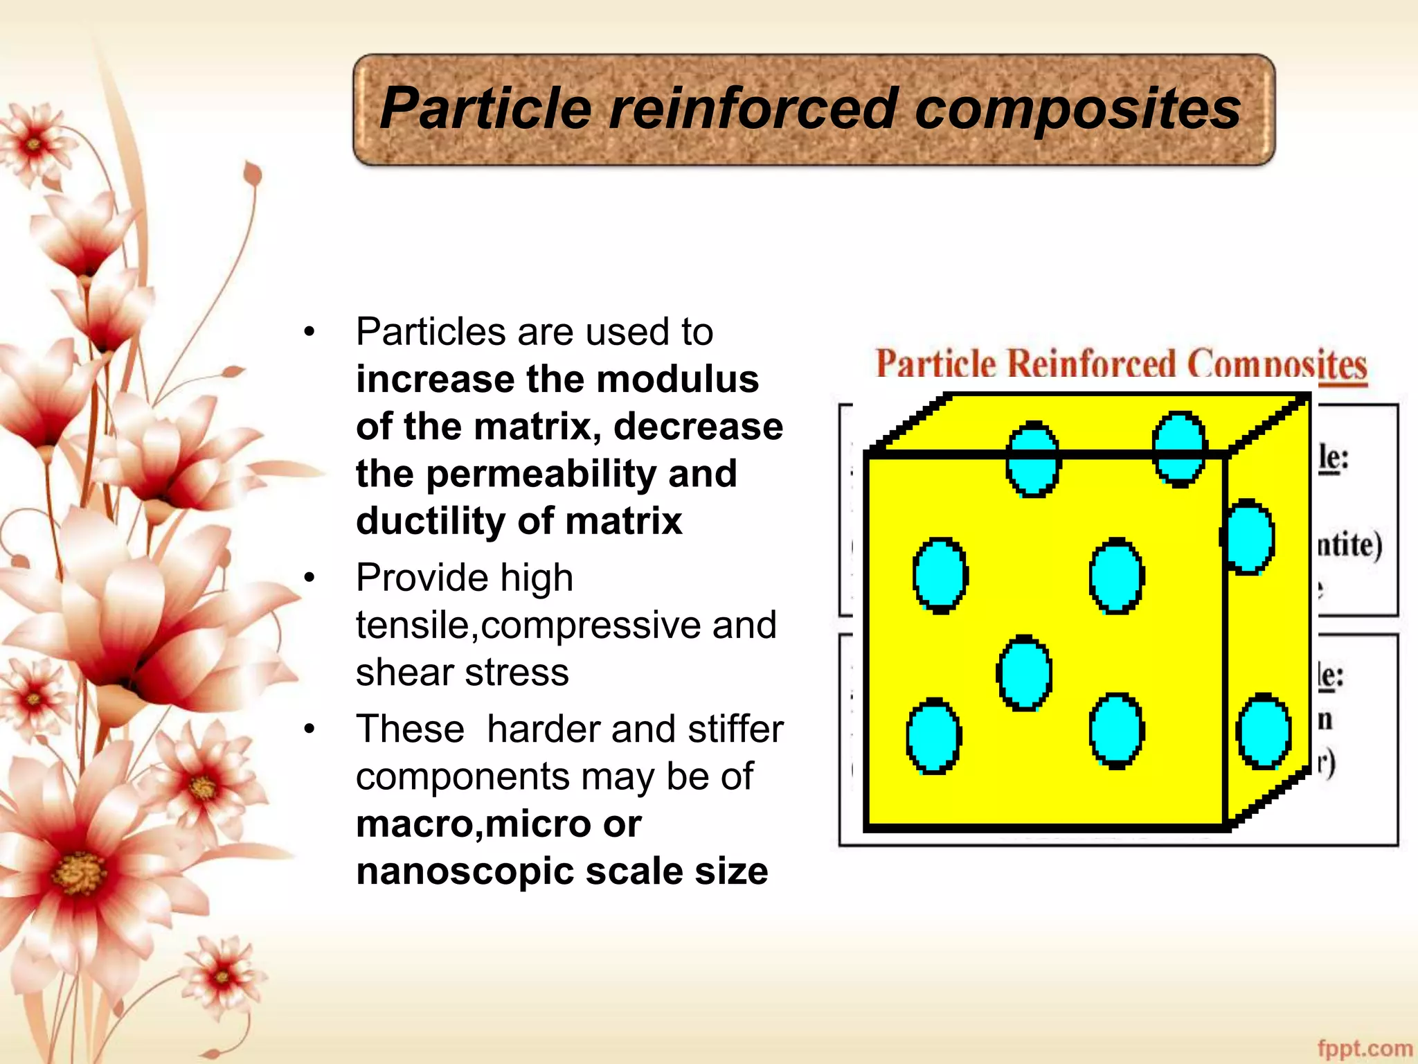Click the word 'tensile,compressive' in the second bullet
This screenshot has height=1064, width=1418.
(x=530, y=626)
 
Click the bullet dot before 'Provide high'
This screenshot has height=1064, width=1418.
(x=309, y=578)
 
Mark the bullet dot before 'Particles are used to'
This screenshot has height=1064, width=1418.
(x=309, y=332)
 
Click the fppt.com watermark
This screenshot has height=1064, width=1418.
(x=1365, y=1048)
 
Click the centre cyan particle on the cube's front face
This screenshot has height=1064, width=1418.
(x=1025, y=673)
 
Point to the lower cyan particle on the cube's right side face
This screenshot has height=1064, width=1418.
(x=1264, y=731)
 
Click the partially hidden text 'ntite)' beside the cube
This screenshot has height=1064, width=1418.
(x=1349, y=545)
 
